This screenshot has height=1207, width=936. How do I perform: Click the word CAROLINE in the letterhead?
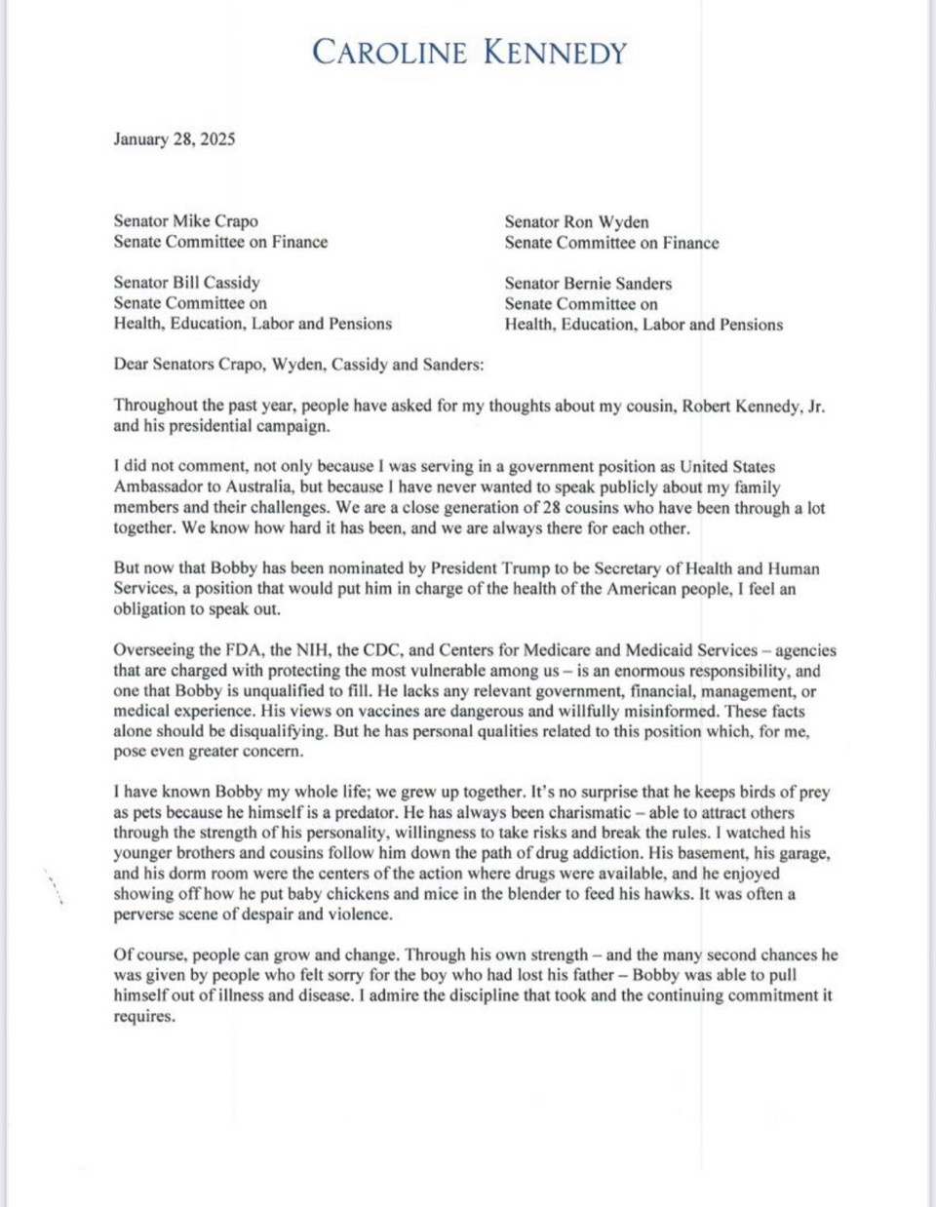389,53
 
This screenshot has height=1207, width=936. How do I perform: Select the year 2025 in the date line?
217,139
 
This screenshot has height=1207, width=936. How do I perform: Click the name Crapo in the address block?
235,221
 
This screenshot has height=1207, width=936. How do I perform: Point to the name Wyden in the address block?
622,222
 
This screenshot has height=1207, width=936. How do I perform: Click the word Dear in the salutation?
131,365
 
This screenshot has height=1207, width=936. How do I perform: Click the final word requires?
143,1017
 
